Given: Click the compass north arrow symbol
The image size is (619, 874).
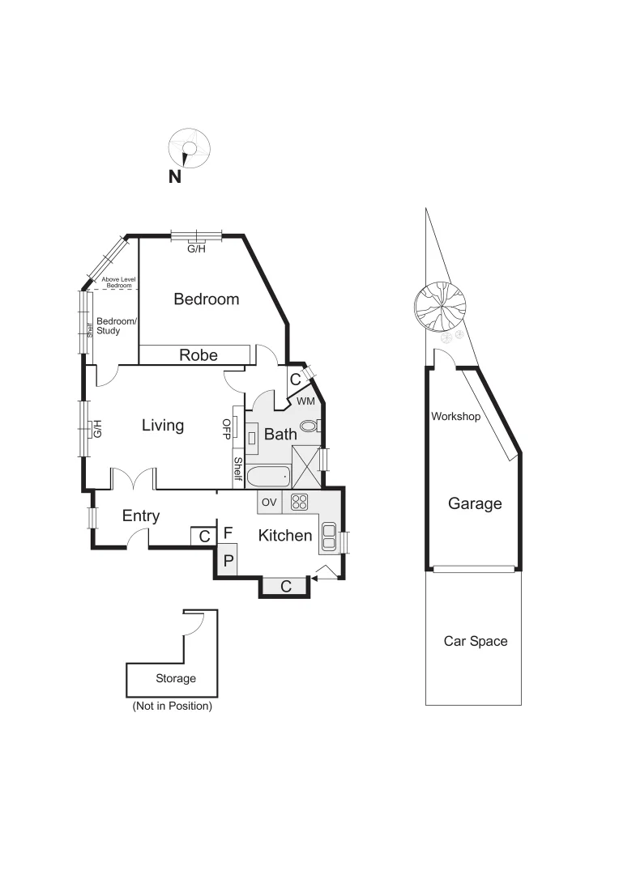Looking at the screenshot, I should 188,149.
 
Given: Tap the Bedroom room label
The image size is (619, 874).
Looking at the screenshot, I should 207,299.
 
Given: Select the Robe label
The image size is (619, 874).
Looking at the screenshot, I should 199,354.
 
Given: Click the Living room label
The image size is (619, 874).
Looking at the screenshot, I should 163,426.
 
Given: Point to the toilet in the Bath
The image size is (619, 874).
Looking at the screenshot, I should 309,426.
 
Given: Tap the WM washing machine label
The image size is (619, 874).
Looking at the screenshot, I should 305,401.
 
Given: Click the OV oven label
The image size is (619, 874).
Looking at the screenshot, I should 269,503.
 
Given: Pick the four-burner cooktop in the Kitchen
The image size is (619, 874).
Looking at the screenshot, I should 300,502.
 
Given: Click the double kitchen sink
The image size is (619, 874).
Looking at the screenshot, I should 331,534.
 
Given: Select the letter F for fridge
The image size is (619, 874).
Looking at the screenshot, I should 228,532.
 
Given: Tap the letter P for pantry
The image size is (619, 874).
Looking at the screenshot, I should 228,559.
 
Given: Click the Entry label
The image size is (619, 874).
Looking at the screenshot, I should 141,516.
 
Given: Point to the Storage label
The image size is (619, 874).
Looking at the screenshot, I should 176,679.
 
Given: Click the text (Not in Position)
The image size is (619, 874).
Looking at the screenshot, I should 172,706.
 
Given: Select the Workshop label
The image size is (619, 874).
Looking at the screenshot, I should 455,417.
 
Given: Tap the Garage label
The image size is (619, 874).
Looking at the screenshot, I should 475,503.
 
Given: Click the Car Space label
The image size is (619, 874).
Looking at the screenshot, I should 476,641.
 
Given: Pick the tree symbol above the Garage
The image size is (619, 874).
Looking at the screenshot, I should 440,305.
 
